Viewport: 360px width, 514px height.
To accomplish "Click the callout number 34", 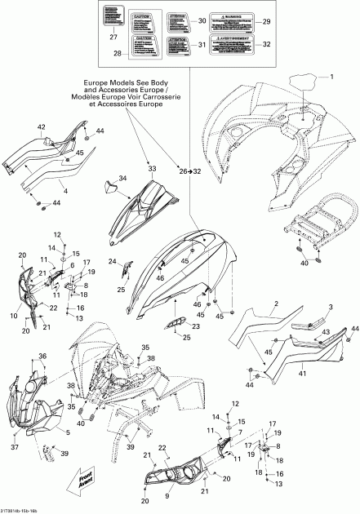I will (x=122, y=179).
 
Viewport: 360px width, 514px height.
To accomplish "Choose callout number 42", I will (x=40, y=126).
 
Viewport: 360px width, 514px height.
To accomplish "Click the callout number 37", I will (x=15, y=448).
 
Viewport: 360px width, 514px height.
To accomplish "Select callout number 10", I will (x=12, y=315).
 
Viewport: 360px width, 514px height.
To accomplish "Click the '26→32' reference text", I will (x=190, y=170).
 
